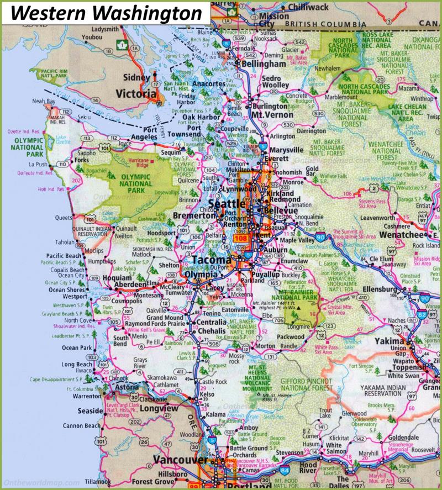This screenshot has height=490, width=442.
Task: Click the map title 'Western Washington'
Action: point(105,12)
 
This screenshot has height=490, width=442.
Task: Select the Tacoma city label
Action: point(212,260)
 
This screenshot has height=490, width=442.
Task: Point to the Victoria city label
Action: point(136,94)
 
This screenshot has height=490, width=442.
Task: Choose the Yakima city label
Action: point(390,341)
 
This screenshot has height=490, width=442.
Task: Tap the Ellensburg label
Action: point(378,289)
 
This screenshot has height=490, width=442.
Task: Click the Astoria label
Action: point(128,388)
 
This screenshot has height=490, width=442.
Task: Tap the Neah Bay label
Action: point(44,101)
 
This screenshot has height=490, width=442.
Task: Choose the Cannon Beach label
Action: point(81,425)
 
